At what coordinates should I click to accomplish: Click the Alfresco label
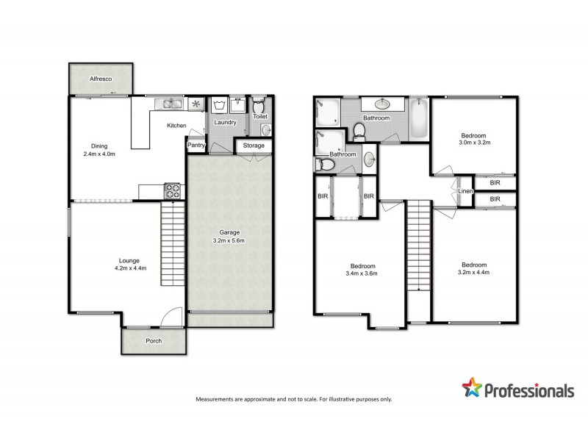tap(100, 78)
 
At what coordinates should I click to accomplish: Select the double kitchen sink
tap(171, 104)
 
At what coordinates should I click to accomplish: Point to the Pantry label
tap(196, 146)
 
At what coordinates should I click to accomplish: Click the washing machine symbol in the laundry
tap(219, 104)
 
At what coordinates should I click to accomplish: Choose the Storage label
tap(254, 146)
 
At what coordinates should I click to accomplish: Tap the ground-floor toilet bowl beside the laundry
tap(259, 104)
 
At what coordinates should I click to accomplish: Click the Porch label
tap(153, 341)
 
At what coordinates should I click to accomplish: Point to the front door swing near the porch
tap(171, 316)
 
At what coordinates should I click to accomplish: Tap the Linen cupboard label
tap(465, 191)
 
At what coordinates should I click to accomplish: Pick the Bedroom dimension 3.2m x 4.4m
tap(474, 273)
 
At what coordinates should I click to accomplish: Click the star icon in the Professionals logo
tap(472, 388)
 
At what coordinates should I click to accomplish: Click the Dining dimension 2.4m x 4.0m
tap(99, 154)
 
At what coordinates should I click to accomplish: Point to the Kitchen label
tap(176, 126)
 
